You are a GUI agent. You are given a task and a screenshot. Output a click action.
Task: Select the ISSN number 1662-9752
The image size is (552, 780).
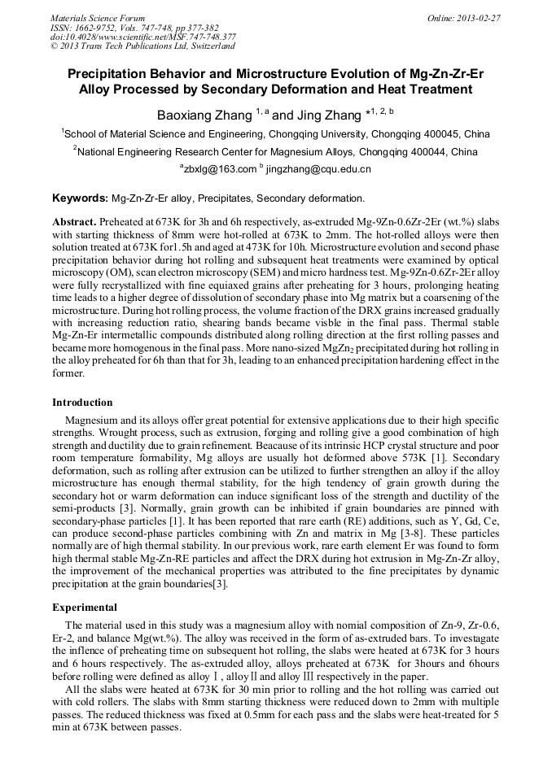95,28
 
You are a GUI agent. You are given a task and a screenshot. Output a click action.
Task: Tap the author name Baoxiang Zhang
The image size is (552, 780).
204,115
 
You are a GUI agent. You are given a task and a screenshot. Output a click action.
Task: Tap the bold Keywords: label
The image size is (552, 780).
80,198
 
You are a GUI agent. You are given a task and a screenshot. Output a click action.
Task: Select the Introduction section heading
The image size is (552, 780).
82,403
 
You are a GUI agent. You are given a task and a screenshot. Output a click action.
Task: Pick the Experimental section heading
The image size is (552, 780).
85,607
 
